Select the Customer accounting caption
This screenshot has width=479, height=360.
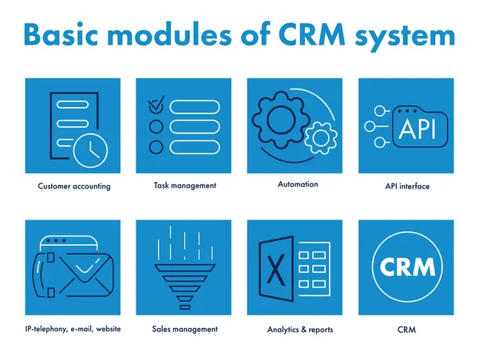pyautogui.click(x=74, y=187)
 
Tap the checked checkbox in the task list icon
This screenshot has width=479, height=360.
pyautogui.click(x=156, y=105)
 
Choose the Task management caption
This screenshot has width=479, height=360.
pyautogui.click(x=184, y=185)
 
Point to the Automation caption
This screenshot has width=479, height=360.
pyautogui.click(x=298, y=184)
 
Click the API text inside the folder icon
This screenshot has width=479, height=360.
pyautogui.click(x=417, y=129)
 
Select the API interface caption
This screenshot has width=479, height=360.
pyautogui.click(x=407, y=187)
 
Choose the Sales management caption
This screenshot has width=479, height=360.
pyautogui.click(x=184, y=329)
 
